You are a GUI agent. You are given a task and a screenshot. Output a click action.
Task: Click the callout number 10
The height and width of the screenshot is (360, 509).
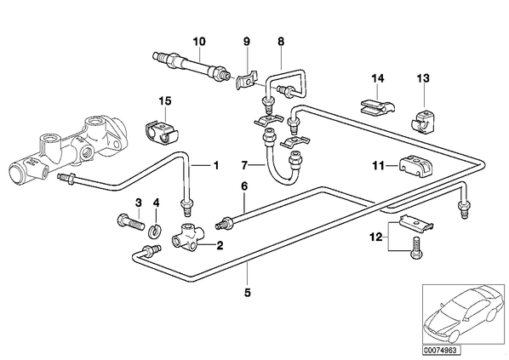pos(199,42)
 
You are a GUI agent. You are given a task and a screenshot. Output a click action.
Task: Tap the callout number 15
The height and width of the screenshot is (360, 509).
pos(165,101)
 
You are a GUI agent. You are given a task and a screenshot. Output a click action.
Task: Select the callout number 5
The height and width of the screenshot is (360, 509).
pos(248,293)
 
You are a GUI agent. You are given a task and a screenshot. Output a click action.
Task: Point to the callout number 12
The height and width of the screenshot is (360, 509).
pos(376,237)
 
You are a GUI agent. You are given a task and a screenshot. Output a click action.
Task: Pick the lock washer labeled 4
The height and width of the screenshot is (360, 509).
pos(156,231)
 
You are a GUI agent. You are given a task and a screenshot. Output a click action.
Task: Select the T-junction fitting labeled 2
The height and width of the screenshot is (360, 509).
pos(188,239)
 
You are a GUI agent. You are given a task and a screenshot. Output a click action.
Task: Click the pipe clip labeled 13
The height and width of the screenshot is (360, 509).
pos(421,123)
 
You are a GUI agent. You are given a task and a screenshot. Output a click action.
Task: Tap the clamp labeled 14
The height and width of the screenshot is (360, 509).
pos(377,106)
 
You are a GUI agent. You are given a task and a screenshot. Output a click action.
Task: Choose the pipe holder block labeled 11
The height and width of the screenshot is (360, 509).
pos(415,165)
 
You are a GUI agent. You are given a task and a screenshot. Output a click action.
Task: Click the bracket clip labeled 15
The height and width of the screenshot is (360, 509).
pos(161,134)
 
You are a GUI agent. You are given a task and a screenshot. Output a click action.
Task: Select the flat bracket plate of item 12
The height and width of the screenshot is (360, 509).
pos(417,223)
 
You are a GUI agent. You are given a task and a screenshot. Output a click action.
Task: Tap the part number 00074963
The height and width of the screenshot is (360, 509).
pos(441,351)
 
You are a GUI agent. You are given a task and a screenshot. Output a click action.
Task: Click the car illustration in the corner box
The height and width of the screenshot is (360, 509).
pos(464,313)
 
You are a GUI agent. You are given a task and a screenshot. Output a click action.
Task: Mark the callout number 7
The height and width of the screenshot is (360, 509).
pos(244,166)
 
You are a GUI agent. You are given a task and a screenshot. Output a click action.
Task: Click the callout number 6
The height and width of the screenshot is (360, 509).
pos(244,186)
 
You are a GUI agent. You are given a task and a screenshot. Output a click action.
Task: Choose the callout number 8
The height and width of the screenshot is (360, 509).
pos(281,42)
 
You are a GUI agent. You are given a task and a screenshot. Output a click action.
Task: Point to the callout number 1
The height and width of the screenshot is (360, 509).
pos(215,165)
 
